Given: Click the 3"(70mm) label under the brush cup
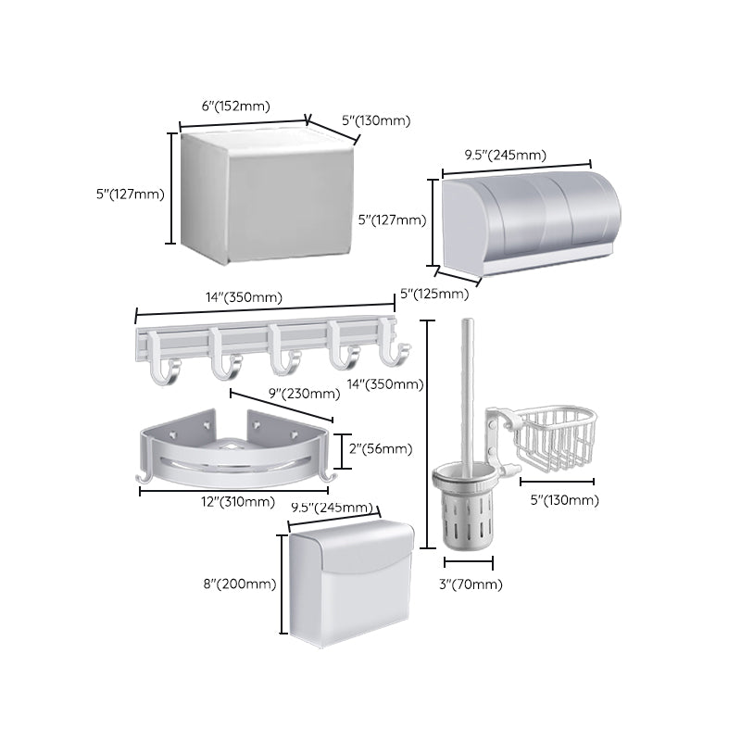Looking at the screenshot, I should [x=469, y=584].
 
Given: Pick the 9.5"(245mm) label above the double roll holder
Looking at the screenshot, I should [x=506, y=155].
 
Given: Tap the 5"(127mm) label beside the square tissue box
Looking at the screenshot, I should [x=130, y=194].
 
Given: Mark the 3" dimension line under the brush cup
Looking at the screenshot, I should [x=469, y=562].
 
